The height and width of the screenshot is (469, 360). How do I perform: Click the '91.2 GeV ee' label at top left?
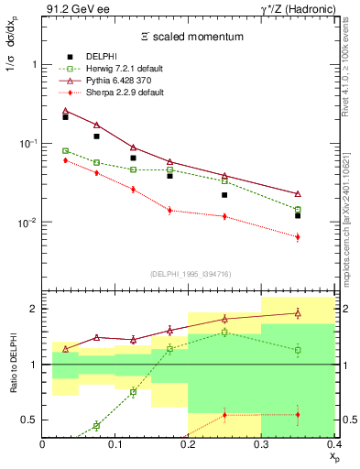(x=74, y=9)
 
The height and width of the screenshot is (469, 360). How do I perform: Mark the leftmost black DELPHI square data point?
(x=65, y=117)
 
